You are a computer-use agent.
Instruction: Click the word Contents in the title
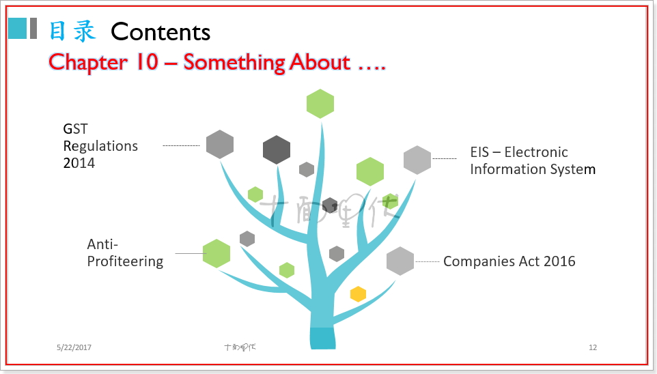click(160, 31)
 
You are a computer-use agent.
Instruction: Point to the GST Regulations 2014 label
click(100, 146)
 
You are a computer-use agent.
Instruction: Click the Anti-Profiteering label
click(125, 253)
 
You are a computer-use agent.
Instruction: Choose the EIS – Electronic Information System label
click(532, 160)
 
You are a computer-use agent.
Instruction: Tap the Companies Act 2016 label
click(509, 261)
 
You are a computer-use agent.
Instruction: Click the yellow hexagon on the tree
click(358, 294)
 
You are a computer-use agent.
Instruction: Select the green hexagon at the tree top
click(320, 104)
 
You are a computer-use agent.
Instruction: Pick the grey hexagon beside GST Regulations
click(220, 144)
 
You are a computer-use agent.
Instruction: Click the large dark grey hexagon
click(277, 149)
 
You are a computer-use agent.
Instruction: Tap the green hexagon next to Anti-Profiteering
click(216, 253)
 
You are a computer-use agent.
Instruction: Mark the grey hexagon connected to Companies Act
click(400, 261)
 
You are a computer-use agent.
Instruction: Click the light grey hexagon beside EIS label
click(417, 160)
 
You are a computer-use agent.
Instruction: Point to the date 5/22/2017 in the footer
click(74, 348)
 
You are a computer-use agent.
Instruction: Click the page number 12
click(593, 348)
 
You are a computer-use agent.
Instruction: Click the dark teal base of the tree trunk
click(323, 339)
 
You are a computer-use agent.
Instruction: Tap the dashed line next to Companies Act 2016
click(428, 261)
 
